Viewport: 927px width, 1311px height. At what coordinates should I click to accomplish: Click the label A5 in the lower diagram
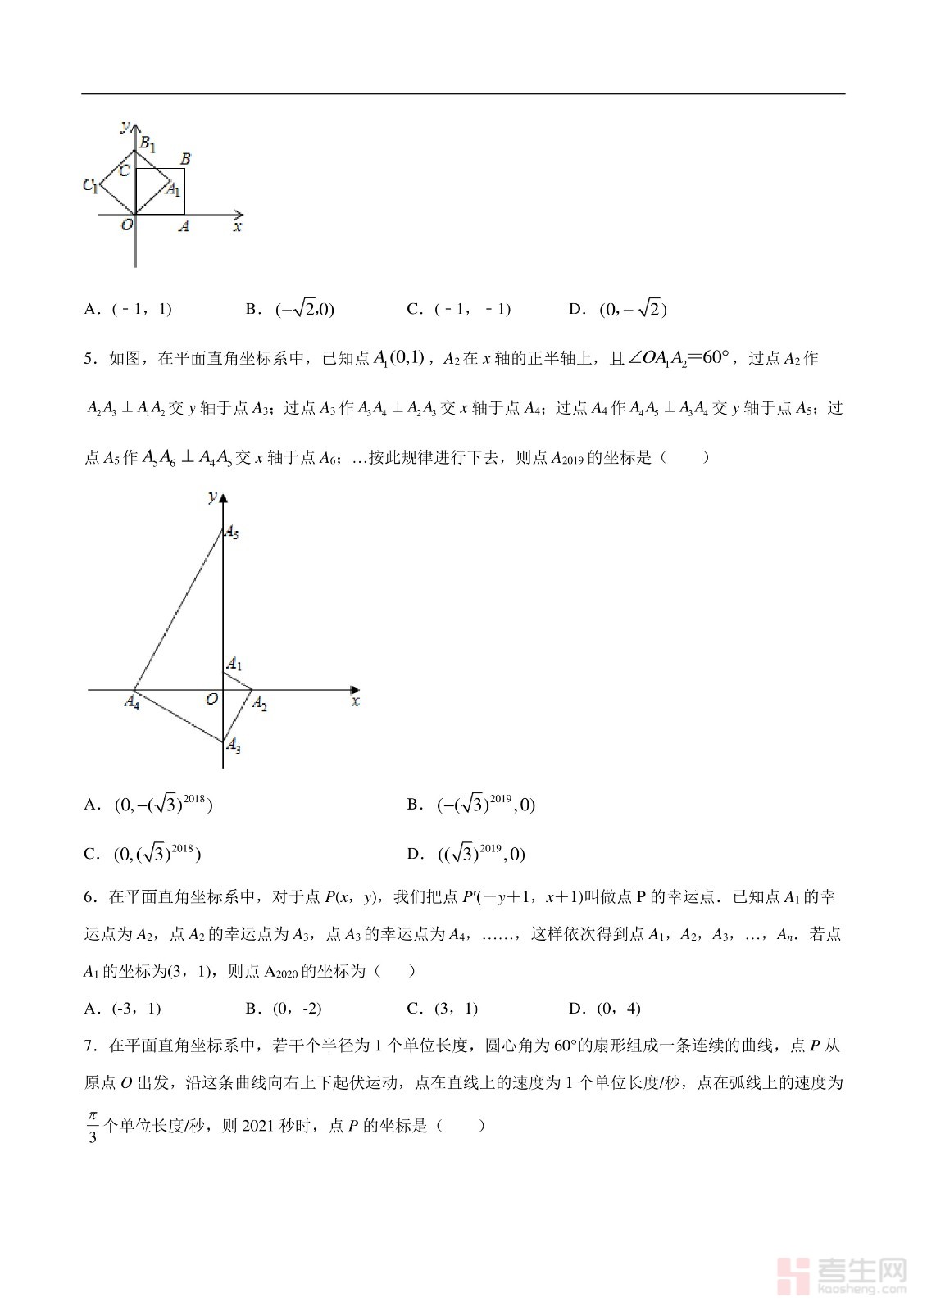click(x=233, y=533)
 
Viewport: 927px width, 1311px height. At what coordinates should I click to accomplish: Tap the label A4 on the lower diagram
click(x=131, y=702)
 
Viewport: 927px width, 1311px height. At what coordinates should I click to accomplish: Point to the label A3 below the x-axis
click(x=234, y=745)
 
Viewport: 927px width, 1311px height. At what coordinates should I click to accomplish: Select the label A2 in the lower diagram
click(x=259, y=703)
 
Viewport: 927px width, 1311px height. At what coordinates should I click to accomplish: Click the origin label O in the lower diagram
click(x=211, y=699)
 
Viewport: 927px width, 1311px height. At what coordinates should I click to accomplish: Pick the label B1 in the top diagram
click(x=148, y=144)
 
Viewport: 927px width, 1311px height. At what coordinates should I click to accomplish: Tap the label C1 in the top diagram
click(x=90, y=185)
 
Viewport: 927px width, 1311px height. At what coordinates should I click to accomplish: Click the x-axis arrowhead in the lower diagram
click(x=355, y=690)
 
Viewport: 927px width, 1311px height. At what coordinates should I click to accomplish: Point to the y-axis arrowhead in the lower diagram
click(x=223, y=497)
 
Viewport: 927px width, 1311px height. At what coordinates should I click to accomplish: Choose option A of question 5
click(x=148, y=805)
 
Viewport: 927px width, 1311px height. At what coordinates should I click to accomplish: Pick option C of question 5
click(x=143, y=854)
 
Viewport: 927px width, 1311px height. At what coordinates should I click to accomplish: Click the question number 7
click(x=89, y=1046)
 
